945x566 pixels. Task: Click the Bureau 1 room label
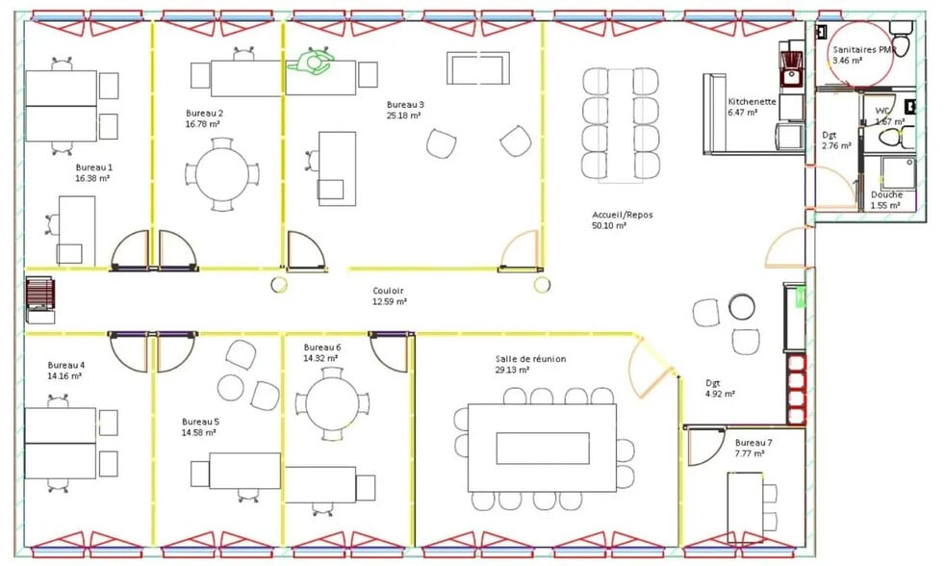tap(93, 167)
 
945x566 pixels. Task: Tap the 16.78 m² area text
tap(203, 124)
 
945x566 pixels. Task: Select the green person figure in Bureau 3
tap(311, 64)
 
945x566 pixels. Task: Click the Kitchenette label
tap(752, 101)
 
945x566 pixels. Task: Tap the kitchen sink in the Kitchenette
tap(793, 71)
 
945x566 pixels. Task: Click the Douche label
tap(886, 194)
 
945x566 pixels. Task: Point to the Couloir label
tap(388, 291)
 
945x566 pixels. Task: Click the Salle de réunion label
tap(530, 359)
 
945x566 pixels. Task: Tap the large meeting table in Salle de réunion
tap(542, 448)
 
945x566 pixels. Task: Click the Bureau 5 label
tap(200, 422)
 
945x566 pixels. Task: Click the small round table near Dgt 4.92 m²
tap(740, 307)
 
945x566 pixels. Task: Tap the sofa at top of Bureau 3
tap(477, 67)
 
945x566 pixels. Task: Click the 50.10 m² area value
tap(608, 226)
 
